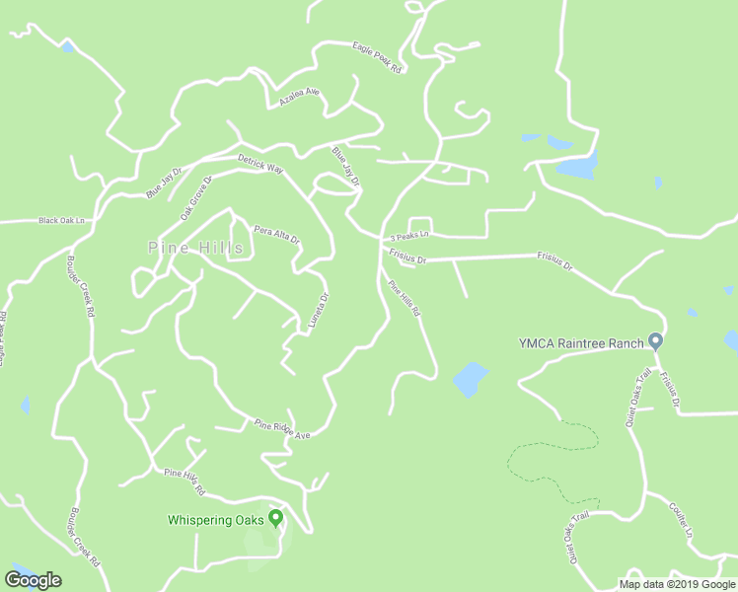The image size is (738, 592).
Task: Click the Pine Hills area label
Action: pos(195,248)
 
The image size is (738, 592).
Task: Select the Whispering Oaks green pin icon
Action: pos(275,517)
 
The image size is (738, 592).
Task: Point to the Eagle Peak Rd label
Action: pos(377,58)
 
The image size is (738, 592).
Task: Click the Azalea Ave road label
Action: pos(300,97)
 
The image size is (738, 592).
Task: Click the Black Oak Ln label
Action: pos(62,221)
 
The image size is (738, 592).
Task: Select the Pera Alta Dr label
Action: pos(276,234)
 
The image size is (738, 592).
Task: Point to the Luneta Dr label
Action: pos(318,313)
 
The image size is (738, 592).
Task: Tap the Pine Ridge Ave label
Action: pos(282,428)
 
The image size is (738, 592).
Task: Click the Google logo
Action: pos(33,580)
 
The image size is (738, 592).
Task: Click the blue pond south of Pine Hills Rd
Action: pos(470,379)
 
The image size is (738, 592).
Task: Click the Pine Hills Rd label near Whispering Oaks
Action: pos(184,481)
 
